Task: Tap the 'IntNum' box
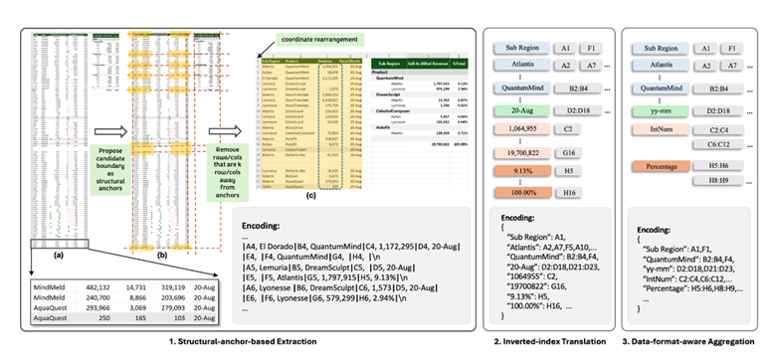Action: point(657,128)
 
